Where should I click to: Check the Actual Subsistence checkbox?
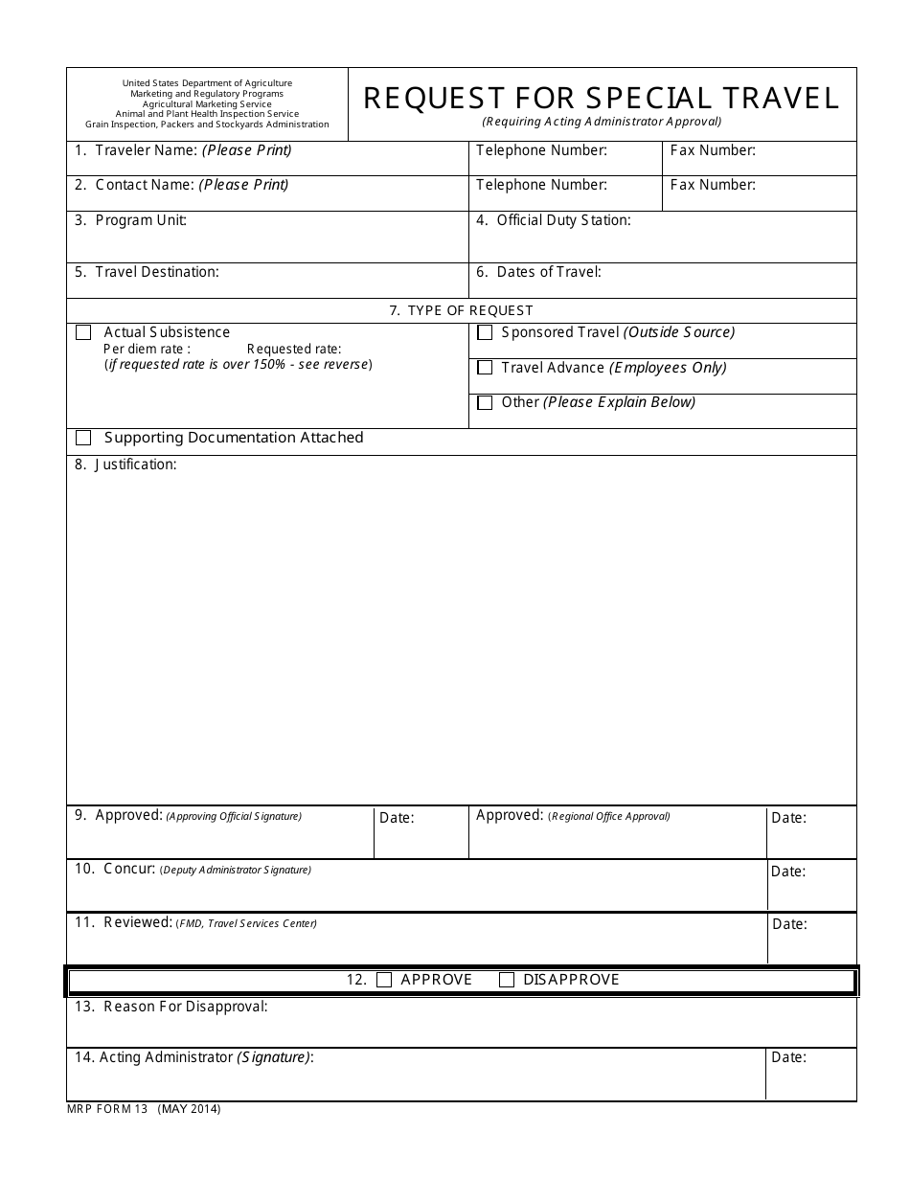[x=83, y=332]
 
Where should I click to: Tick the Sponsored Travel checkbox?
[x=485, y=332]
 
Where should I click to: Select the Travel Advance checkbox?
[x=485, y=368]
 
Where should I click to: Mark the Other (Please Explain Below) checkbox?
[x=485, y=402]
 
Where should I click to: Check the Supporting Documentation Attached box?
[x=83, y=438]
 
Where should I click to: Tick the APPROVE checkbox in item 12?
[x=384, y=980]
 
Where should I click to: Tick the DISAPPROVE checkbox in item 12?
[x=507, y=980]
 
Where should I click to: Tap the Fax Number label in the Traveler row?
[x=713, y=150]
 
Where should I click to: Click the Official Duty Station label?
[x=563, y=220]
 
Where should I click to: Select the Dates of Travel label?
[x=549, y=272]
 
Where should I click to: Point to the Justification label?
[x=135, y=464]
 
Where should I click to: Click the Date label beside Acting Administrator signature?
[x=788, y=1058]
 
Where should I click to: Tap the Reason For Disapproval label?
[x=185, y=1007]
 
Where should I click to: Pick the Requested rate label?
[x=293, y=350]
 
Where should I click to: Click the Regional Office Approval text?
[x=609, y=817]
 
